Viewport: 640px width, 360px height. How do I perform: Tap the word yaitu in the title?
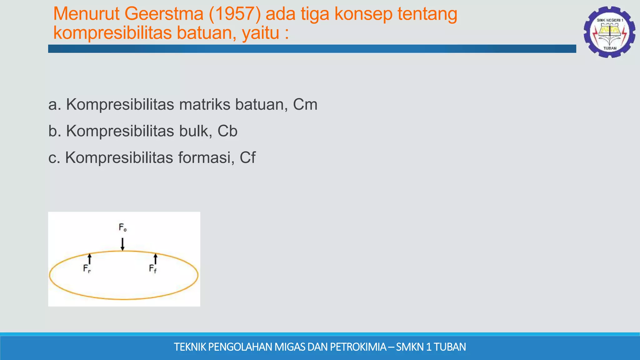pos(260,33)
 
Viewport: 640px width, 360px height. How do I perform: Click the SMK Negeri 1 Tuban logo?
pos(609,32)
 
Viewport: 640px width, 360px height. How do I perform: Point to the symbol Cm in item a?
pos(305,104)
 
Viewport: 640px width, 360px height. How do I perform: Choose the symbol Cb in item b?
pos(227,131)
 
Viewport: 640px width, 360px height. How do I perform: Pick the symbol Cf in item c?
pos(247,157)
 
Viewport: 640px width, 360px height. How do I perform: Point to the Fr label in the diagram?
pos(87,268)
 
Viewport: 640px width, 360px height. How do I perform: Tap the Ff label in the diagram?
pos(153,268)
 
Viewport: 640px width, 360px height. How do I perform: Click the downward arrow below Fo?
pos(123,244)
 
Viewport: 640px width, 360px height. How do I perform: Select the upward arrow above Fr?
pos(90,259)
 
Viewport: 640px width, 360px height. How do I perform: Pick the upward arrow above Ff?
pos(156,259)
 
